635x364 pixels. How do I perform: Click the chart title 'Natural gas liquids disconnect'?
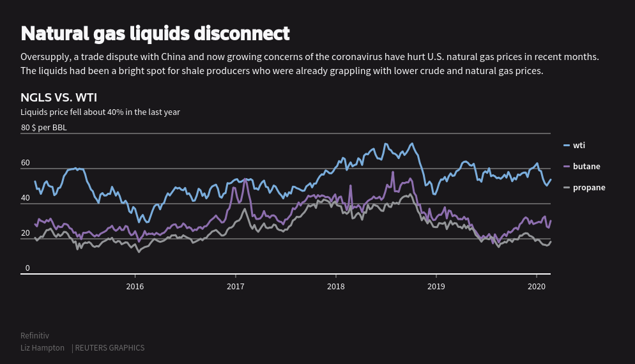click(x=155, y=33)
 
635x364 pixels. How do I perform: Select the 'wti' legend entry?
click(x=579, y=146)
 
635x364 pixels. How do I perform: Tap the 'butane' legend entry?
click(x=586, y=167)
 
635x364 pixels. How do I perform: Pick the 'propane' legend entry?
click(x=588, y=188)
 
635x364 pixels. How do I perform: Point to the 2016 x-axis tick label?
click(x=135, y=287)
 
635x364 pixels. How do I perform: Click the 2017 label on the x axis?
click(x=236, y=287)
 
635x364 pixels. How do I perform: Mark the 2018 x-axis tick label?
click(x=335, y=287)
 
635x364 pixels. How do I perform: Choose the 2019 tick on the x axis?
click(x=436, y=287)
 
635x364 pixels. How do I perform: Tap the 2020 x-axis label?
click(x=537, y=287)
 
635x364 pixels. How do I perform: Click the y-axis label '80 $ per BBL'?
click(x=43, y=128)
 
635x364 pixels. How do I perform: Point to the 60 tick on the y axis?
click(x=26, y=163)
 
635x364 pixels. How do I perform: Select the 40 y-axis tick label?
click(x=26, y=198)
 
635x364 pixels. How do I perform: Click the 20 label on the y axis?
click(x=26, y=233)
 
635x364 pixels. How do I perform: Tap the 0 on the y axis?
click(x=27, y=268)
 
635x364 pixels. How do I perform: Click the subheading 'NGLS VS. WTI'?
click(x=59, y=98)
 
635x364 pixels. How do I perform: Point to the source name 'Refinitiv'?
click(x=34, y=336)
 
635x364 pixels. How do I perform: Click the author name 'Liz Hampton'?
click(x=42, y=348)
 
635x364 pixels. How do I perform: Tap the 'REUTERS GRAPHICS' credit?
click(x=110, y=348)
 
